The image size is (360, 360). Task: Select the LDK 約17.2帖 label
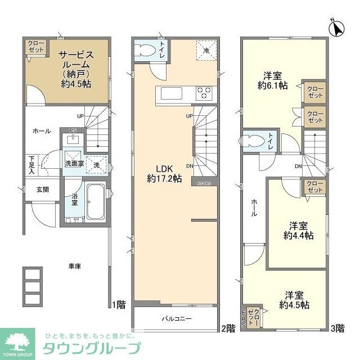(164, 173)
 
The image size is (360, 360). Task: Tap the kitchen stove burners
(204, 92)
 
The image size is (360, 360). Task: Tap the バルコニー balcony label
(177, 319)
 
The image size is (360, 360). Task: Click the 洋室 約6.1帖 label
(273, 81)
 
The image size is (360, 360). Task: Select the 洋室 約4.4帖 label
(298, 229)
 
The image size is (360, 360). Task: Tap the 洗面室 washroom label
(74, 164)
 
